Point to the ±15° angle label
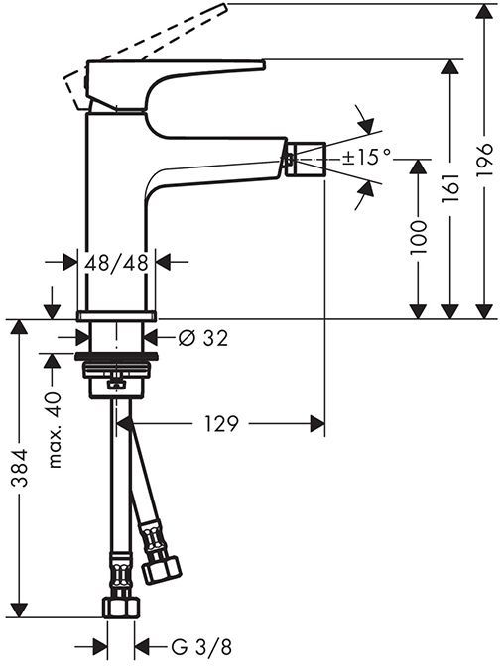[367, 156]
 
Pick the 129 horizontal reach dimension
[222, 424]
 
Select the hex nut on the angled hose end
[161, 569]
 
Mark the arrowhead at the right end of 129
[318, 424]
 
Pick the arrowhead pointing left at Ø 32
[166, 338]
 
